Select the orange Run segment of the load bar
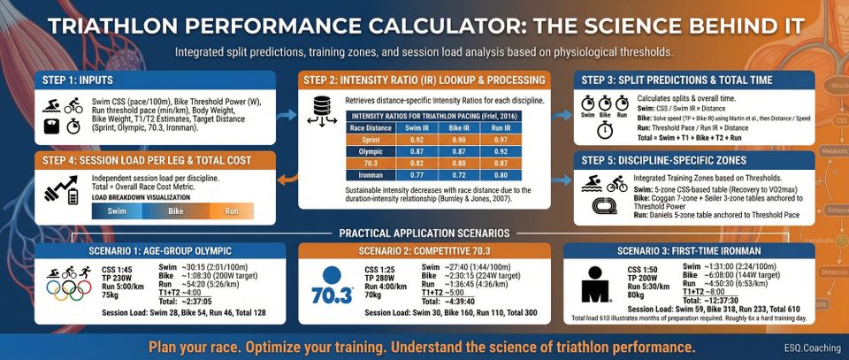(231, 212)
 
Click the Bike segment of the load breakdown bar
(175, 212)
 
